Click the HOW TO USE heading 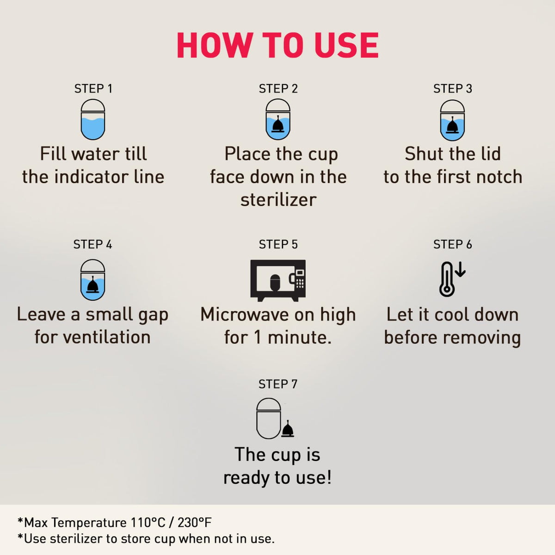coord(277,45)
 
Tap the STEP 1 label coord(93,88)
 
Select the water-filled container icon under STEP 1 coord(93,120)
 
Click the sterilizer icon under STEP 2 coord(278,120)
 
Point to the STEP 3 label coord(452,88)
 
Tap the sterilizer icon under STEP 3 coord(452,120)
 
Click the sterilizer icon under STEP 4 coord(92,280)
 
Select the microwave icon coord(278,280)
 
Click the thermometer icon coord(447,279)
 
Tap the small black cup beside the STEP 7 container coord(288,429)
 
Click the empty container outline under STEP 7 coord(268,419)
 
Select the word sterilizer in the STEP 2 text coord(278,200)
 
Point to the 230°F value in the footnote coord(194,523)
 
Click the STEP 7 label coord(277,384)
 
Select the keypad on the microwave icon coord(299,282)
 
